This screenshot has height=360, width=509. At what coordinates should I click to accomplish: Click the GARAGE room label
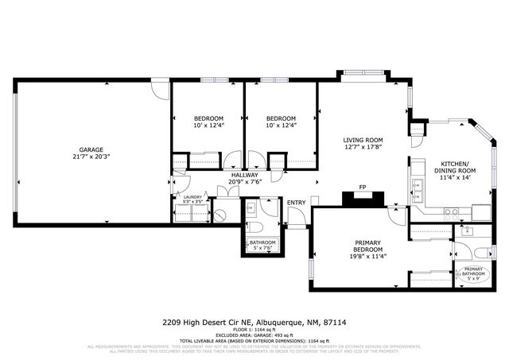coord(91,149)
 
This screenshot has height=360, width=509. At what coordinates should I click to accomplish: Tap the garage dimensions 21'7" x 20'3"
coord(91,157)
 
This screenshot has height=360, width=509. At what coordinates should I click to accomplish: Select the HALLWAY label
coord(244,175)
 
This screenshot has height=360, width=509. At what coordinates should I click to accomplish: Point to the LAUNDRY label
coord(192,197)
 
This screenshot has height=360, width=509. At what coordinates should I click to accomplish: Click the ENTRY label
coord(296,203)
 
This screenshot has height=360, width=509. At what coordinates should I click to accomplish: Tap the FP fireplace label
coord(362,188)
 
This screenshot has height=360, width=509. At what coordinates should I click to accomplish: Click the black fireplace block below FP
coord(362,199)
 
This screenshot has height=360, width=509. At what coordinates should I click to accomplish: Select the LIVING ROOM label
coord(363,140)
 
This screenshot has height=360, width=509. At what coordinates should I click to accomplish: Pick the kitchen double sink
coord(416,188)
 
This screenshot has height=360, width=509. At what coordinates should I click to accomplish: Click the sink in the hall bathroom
coord(251,208)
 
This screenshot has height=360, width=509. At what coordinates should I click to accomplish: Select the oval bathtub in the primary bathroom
coord(474,273)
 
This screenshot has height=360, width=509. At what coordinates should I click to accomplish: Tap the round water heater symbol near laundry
coord(222,212)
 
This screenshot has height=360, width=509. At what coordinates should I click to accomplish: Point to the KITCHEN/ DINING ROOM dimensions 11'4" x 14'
coord(455,178)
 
